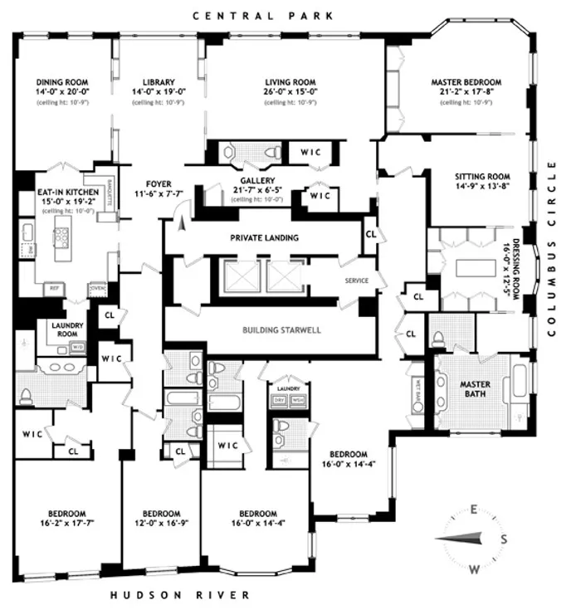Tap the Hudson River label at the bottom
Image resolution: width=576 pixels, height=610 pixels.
179,595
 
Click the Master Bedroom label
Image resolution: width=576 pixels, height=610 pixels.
463,82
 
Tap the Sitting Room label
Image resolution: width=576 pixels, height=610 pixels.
481,177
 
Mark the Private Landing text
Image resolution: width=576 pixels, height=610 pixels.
263,237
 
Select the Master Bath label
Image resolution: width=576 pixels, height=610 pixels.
476,389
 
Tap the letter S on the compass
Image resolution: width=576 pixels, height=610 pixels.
504,539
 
